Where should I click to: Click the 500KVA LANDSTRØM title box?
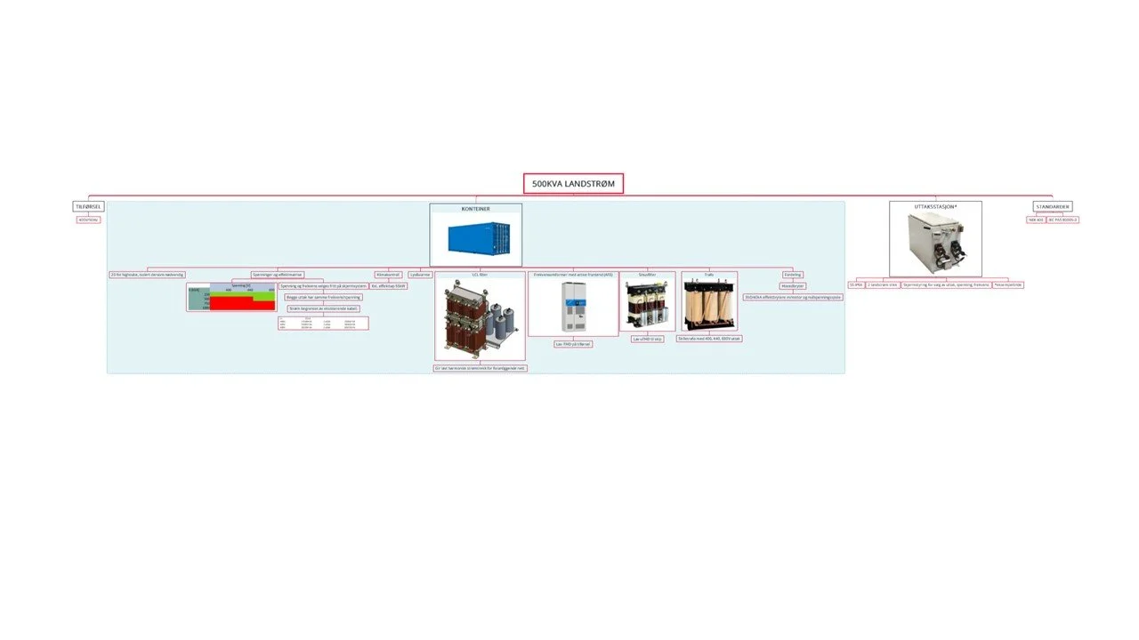(573, 183)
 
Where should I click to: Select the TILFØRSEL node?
(88, 206)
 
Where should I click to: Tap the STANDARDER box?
(1053, 206)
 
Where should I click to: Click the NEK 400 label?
(1035, 220)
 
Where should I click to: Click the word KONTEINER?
(475, 209)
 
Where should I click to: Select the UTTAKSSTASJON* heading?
(935, 206)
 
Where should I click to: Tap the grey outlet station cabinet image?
(935, 243)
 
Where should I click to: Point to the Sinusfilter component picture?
(647, 304)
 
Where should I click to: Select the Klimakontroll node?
(389, 275)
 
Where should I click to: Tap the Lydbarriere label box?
(419, 275)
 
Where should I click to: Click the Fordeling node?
(793, 275)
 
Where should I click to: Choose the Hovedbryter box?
(793, 286)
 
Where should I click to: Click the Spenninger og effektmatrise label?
(277, 275)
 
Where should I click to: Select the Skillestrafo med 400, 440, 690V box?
(709, 339)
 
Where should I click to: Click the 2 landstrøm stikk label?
(882, 285)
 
